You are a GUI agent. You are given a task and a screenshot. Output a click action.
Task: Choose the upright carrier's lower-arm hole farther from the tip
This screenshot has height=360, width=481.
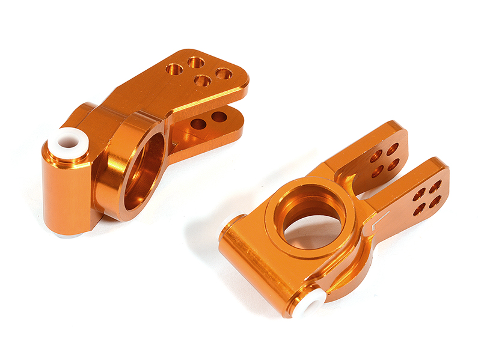(x=198, y=124)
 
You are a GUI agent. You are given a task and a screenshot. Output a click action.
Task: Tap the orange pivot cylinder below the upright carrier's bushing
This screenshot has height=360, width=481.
(x=66, y=192)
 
